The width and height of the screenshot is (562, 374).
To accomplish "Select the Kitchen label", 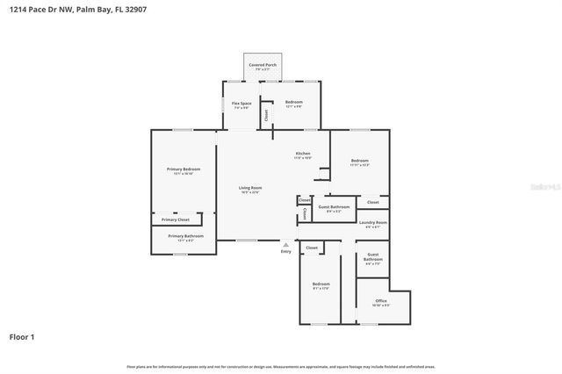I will tap(303, 154).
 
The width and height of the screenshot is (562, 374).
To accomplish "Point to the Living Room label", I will tap(251, 188).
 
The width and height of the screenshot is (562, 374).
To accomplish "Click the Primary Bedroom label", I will tap(184, 169).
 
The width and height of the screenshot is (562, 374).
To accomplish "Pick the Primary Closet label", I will tap(176, 219).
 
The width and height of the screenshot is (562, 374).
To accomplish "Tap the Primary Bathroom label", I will tap(185, 236).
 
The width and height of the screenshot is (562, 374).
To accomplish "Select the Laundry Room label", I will tap(373, 223).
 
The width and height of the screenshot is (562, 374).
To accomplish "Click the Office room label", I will tap(381, 301).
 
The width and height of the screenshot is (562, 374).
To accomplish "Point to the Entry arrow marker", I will tap(285, 244).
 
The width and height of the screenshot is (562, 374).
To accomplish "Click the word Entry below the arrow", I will tap(285, 252).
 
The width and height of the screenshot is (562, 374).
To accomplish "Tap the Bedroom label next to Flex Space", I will tap(294, 103).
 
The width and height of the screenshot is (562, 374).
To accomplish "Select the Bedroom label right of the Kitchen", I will tap(360, 161).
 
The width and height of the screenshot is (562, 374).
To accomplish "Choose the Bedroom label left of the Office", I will tap(321, 284).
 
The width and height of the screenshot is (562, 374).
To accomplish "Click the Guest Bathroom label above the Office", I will tap(373, 258).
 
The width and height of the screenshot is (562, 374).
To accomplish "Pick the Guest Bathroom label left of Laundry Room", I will tap(338, 207).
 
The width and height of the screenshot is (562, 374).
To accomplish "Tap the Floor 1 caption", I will tap(22, 336).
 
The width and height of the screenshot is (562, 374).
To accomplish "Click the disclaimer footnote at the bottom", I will tap(281, 366).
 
